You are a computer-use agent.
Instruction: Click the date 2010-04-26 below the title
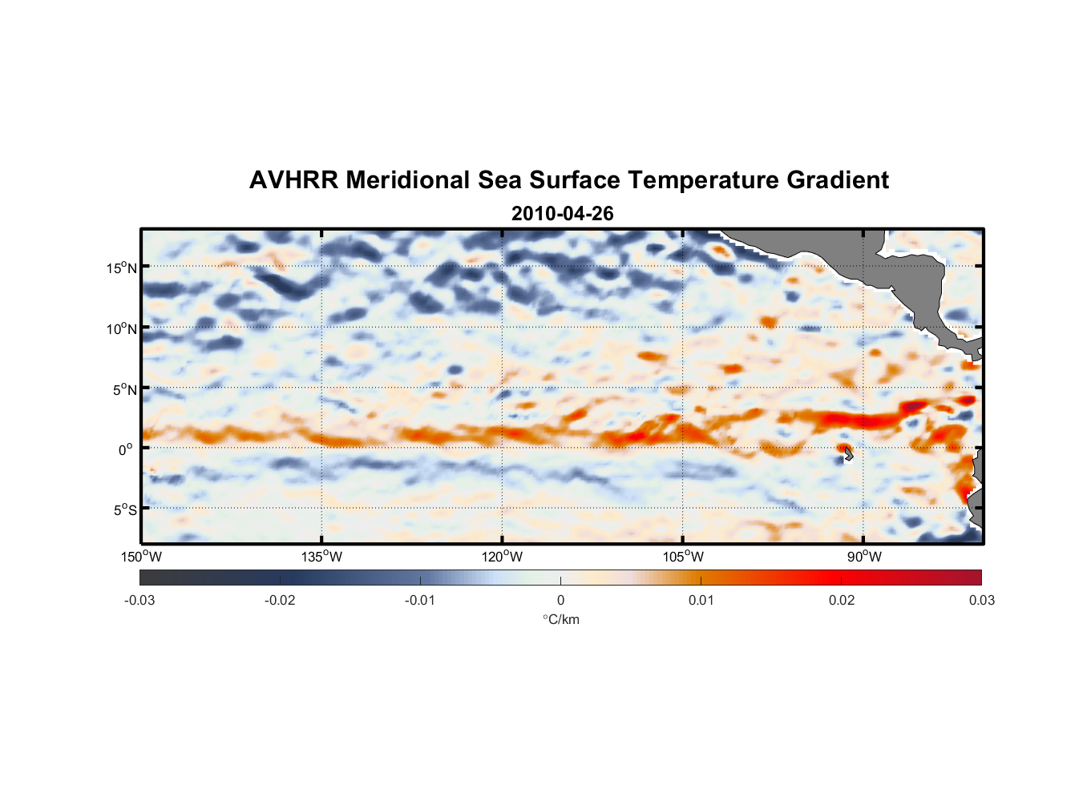pos(562,214)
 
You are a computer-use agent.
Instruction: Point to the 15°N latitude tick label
pos(122,268)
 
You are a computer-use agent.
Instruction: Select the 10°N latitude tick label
pos(122,328)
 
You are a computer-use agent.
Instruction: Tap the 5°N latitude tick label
pos(124,389)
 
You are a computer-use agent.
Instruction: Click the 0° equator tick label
pos(126,449)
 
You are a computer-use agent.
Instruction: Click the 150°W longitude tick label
pos(141,557)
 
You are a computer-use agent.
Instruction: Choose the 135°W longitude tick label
pos(321,557)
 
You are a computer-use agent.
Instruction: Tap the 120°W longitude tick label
pos(502,557)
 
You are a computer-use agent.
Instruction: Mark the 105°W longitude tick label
pos(683,557)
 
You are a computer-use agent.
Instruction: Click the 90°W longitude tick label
pos(864,557)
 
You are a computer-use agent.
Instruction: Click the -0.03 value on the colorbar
pos(139,600)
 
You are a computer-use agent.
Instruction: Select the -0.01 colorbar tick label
pos(420,600)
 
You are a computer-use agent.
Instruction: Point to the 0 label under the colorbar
pos(560,600)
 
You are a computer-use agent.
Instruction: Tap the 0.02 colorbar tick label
pos(842,600)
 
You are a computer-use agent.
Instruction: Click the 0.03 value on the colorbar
pos(981,600)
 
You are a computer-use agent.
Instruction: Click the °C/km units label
pos(560,619)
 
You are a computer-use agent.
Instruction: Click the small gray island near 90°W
pos(848,454)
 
